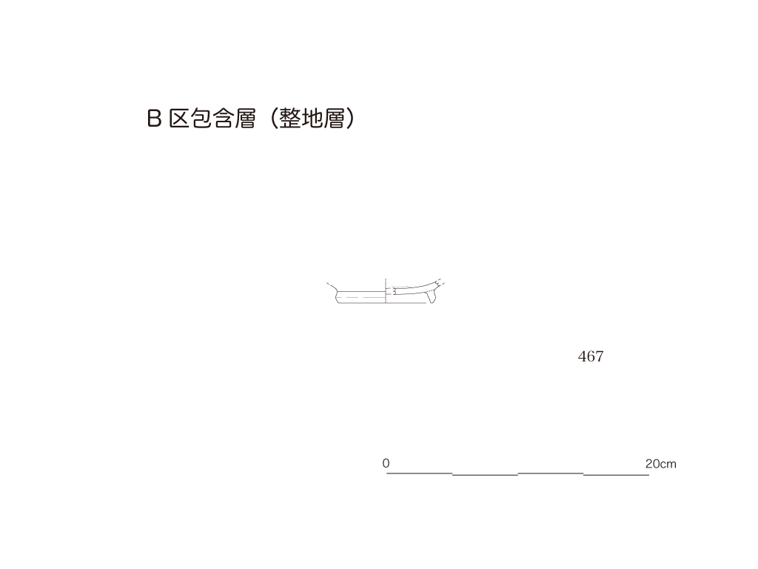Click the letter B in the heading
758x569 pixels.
(x=154, y=119)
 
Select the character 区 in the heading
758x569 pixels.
(x=179, y=119)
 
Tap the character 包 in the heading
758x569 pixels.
(x=201, y=119)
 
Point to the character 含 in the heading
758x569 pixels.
(x=224, y=119)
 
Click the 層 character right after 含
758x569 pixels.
(x=246, y=119)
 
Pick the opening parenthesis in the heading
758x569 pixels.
(x=274, y=119)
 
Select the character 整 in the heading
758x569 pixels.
(x=290, y=119)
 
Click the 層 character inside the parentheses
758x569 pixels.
(x=335, y=119)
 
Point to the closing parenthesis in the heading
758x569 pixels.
(x=350, y=119)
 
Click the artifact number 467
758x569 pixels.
(x=591, y=356)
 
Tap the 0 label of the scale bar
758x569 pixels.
(x=386, y=464)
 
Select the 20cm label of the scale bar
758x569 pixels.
(x=661, y=464)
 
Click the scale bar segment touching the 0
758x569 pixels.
(x=420, y=473)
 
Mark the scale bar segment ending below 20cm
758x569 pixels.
(x=617, y=475)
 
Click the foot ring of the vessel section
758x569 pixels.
(x=432, y=298)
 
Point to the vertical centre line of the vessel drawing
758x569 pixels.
(x=385, y=291)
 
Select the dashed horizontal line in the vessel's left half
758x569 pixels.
(x=361, y=297)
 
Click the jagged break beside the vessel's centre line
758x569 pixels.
(x=394, y=290)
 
